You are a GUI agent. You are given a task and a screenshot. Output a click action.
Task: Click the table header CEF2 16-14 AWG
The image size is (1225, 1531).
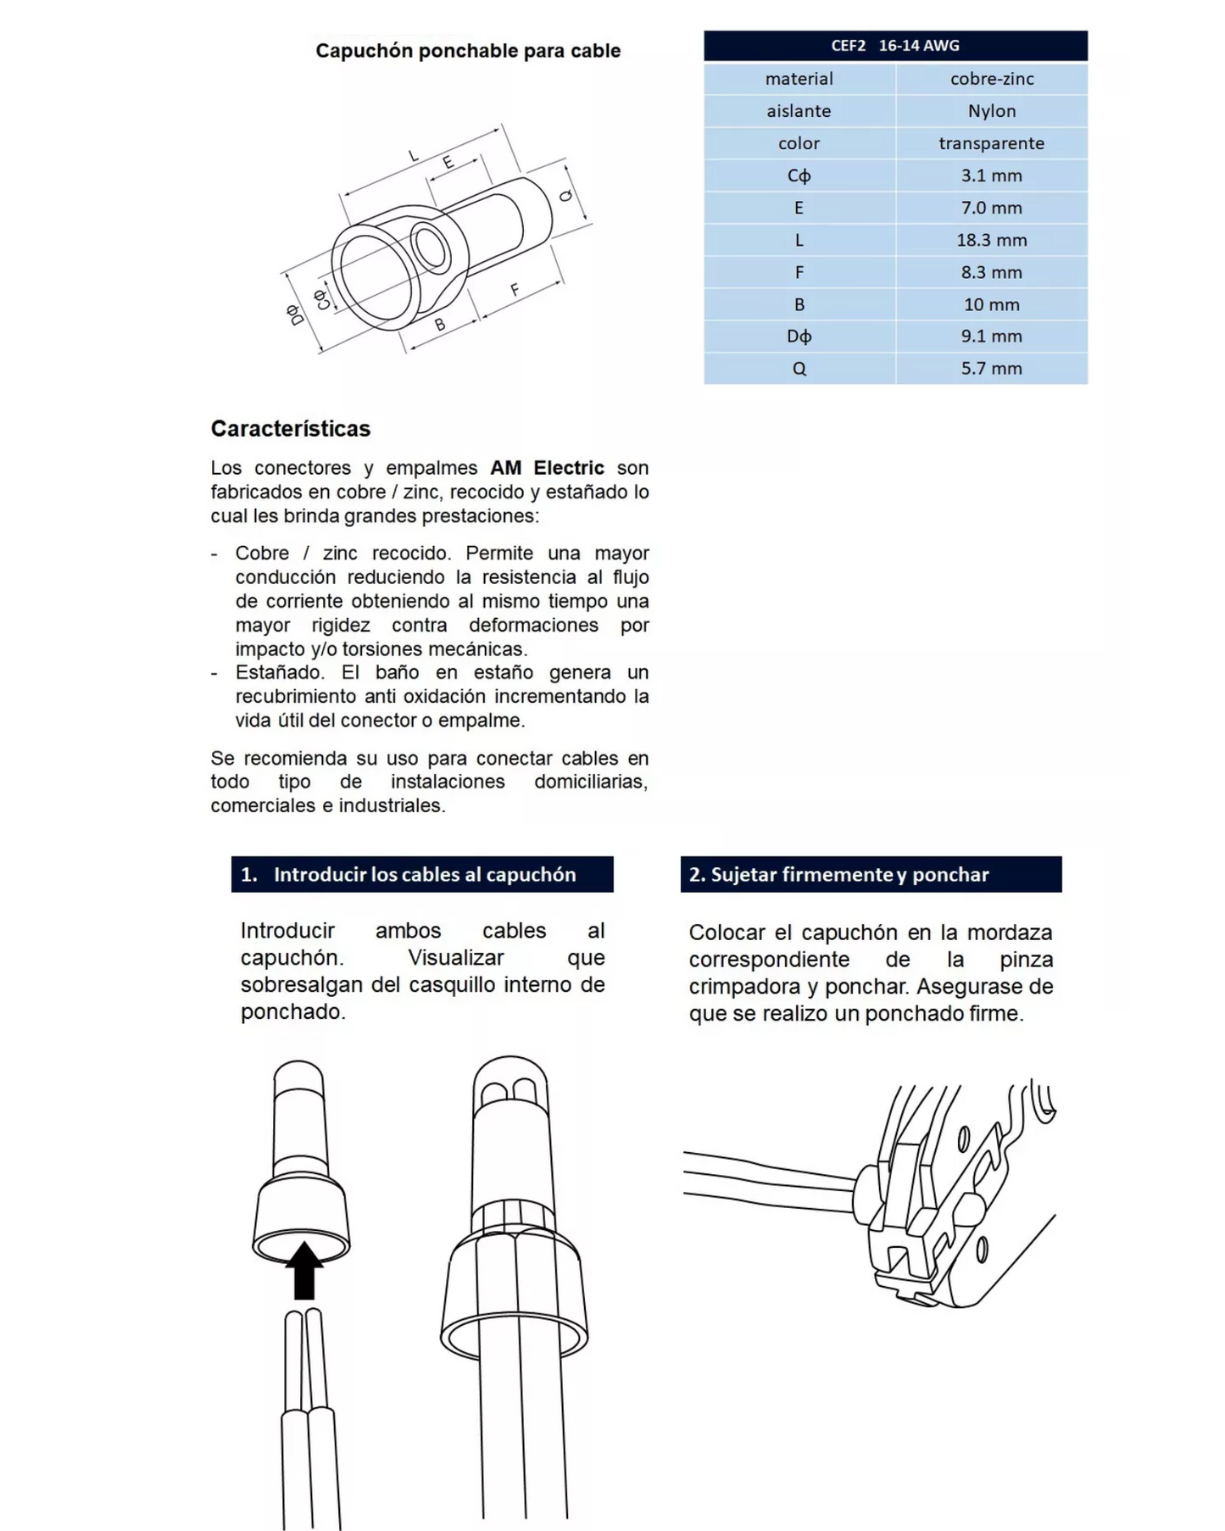(895, 46)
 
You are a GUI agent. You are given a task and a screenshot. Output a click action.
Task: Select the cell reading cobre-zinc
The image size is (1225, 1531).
(991, 79)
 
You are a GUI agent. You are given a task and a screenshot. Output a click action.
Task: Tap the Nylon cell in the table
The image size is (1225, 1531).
(991, 111)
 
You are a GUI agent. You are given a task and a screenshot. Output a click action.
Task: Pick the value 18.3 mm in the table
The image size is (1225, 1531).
(991, 240)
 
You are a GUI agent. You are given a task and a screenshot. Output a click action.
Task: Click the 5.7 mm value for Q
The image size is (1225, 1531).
(991, 369)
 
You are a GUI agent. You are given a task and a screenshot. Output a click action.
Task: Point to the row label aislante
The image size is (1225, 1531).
(799, 111)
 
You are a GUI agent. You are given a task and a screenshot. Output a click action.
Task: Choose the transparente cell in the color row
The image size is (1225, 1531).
(991, 143)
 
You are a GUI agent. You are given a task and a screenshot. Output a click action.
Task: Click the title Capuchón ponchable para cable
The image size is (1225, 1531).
(468, 51)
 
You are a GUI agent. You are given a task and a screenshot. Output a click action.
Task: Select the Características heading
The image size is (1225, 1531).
(291, 429)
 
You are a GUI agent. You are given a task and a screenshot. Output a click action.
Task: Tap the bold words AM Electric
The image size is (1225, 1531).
(547, 468)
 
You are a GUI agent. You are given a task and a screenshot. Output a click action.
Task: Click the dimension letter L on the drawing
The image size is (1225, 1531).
(414, 156)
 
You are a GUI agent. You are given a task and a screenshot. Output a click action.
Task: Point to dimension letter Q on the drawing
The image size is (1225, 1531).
(566, 196)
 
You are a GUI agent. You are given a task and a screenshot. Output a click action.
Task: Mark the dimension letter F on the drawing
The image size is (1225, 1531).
(515, 290)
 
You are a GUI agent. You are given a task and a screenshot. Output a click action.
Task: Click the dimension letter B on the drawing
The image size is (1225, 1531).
(440, 324)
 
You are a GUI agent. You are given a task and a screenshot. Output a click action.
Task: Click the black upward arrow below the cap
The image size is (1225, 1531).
(303, 1269)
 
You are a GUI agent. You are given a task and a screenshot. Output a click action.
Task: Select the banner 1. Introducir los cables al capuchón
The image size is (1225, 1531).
(422, 875)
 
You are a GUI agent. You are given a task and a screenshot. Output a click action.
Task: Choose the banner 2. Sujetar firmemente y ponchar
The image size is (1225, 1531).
(871, 875)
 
